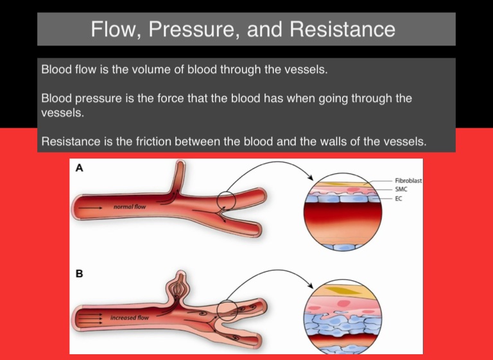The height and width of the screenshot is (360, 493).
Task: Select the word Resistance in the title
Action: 338,29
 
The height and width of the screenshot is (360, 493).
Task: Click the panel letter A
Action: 79,169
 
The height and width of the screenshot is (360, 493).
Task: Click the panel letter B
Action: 79,273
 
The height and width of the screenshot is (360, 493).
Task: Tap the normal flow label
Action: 130,207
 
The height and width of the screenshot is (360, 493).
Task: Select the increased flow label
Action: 130,318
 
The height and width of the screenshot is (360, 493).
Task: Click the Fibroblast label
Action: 408,182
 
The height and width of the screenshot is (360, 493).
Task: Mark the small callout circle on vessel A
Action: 226,201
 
